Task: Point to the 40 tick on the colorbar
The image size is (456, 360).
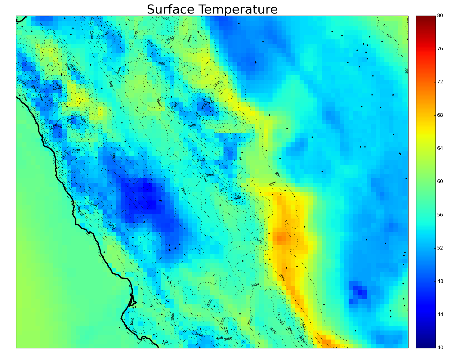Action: point(440,347)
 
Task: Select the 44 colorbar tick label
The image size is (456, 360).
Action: point(440,314)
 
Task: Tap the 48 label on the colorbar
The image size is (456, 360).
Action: point(440,281)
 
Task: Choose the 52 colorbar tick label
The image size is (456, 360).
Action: point(440,248)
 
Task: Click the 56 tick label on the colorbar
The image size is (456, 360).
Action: point(440,215)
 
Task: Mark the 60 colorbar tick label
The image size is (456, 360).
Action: point(440,181)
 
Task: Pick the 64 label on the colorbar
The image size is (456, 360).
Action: point(440,148)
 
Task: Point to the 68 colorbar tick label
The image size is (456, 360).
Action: point(440,115)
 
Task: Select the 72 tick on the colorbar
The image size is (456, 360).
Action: point(440,82)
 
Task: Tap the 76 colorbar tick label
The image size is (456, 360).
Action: point(440,48)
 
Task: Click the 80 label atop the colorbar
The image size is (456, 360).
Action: point(440,16)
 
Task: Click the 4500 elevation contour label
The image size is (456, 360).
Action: point(204,106)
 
